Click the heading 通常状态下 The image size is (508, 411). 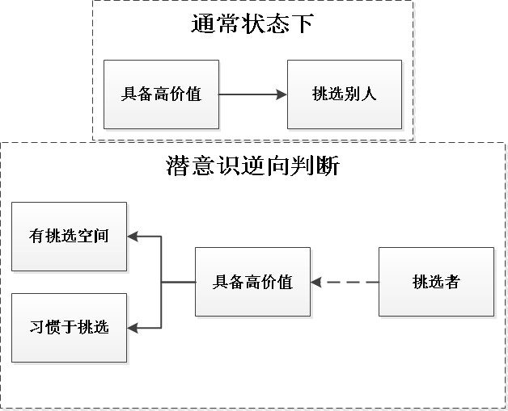[x=252, y=24]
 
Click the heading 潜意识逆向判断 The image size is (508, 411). [x=252, y=166]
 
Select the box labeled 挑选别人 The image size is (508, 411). [x=344, y=94]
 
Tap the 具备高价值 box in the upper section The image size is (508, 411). [x=161, y=94]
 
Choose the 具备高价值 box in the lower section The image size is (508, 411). [x=252, y=282]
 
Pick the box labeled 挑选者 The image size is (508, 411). [x=436, y=282]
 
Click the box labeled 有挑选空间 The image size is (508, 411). [x=69, y=236]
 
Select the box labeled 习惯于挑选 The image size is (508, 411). [x=69, y=327]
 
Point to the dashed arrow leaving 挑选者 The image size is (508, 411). [x=348, y=282]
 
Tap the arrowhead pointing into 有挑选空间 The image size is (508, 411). [x=134, y=237]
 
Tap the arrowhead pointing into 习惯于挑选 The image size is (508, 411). [x=134, y=328]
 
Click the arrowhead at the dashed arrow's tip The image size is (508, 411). [x=316, y=282]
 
